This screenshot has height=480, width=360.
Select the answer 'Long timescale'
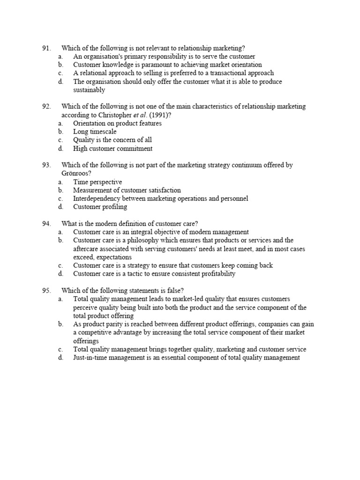[95, 132]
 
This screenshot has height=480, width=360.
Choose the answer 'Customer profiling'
[100, 207]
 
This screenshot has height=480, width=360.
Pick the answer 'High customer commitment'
[112, 149]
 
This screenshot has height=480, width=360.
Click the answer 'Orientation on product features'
[117, 123]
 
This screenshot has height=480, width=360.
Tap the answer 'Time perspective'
[97, 182]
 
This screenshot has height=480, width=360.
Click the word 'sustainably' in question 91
[89, 90]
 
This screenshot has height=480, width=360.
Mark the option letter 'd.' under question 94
[60, 274]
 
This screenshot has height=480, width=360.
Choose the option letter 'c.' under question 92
[60, 140]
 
